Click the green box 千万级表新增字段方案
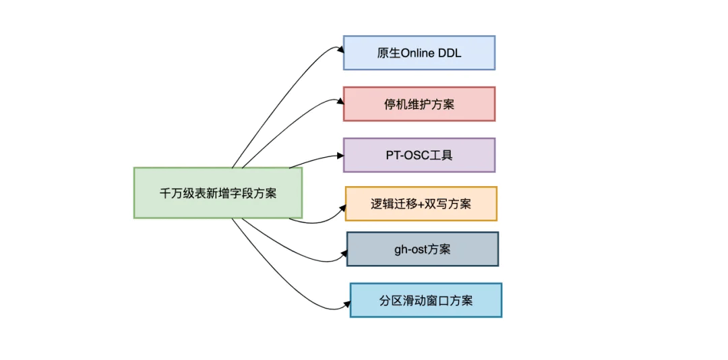click(218, 193)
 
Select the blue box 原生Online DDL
click(419, 53)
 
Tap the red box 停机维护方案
click(419, 104)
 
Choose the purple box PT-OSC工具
click(419, 154)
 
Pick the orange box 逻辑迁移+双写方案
click(421, 204)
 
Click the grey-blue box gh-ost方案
click(423, 249)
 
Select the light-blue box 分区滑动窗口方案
click(426, 300)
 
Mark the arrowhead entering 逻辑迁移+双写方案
click(342, 208)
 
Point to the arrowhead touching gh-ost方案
click(344, 253)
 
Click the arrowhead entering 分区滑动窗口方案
click(346, 304)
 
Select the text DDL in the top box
click(450, 53)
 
